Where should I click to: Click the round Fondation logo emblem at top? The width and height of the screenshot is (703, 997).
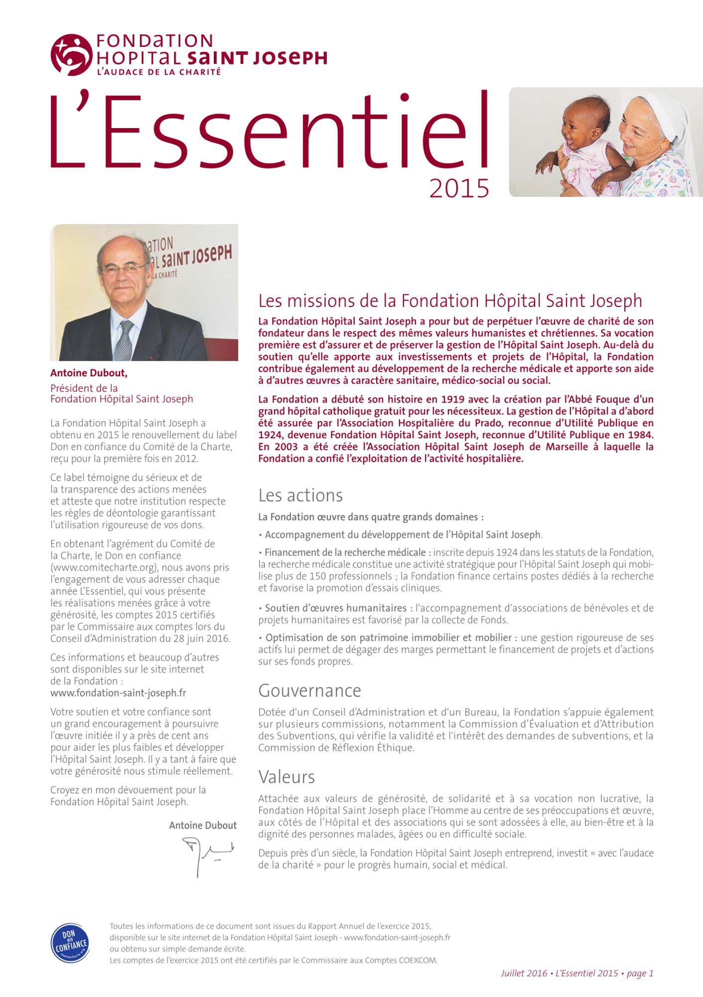click(x=71, y=55)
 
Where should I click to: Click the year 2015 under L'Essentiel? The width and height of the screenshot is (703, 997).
click(x=459, y=189)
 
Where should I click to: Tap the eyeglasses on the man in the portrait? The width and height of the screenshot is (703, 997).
click(x=124, y=269)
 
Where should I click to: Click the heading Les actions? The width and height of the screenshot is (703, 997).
click(x=300, y=496)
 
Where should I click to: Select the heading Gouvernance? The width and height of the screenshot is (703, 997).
click(x=309, y=691)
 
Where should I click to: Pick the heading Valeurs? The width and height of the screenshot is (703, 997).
click(x=286, y=777)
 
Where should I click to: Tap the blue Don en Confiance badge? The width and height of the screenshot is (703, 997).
click(x=70, y=944)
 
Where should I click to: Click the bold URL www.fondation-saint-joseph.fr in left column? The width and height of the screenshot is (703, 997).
click(x=118, y=693)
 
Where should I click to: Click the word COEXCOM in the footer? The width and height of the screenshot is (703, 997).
click(x=419, y=961)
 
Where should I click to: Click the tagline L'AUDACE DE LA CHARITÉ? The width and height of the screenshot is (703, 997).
click(x=159, y=72)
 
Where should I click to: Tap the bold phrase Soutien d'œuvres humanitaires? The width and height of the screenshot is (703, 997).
click(x=336, y=608)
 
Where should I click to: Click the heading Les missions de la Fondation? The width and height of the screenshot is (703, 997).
click(x=450, y=301)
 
